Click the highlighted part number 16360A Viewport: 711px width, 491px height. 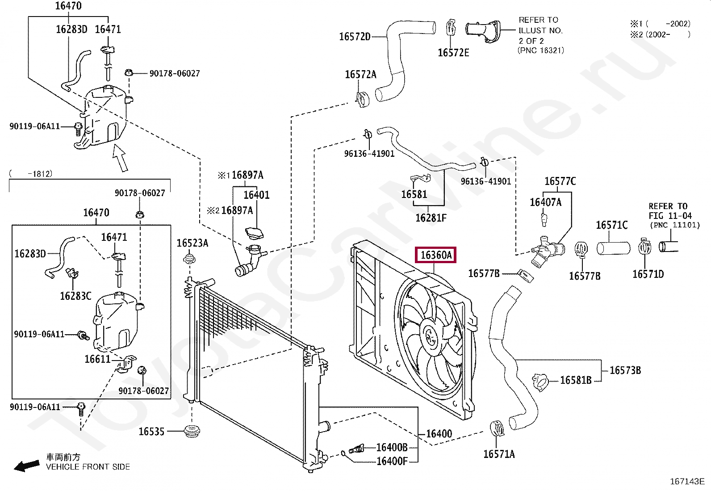436,255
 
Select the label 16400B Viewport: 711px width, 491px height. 392,447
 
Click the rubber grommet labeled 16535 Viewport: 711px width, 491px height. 192,432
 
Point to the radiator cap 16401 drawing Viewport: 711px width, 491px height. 254,234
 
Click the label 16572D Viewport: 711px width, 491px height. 355,37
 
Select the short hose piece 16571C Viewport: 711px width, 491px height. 613,248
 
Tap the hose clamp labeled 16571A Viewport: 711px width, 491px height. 497,428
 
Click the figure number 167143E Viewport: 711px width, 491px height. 687,481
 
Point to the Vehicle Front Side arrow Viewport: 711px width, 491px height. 26,466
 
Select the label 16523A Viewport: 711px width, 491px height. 192,243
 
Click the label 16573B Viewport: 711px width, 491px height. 625,370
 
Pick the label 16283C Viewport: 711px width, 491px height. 75,296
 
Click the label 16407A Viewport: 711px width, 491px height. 545,202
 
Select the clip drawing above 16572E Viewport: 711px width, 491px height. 451,28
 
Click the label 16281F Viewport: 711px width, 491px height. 431,218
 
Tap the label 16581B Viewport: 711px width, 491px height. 575,380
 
